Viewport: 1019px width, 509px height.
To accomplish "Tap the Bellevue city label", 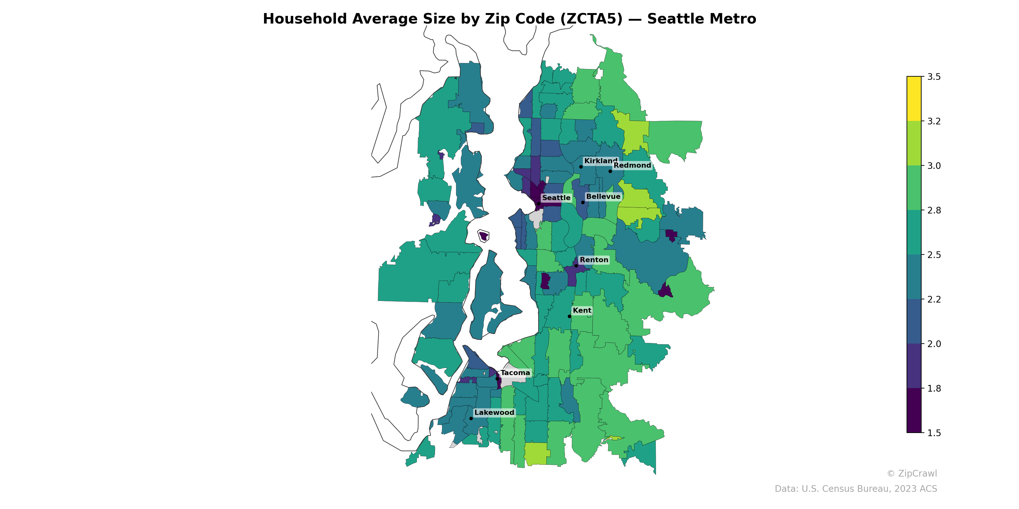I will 603,196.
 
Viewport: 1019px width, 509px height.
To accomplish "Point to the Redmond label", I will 632,165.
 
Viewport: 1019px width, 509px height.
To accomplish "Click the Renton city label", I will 594,260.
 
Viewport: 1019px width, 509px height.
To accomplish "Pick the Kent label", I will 582,310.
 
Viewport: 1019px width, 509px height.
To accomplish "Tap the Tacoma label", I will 515,373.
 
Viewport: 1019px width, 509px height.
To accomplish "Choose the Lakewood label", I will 494,412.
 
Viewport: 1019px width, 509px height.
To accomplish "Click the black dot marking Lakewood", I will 471,418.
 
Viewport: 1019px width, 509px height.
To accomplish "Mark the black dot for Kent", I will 569,316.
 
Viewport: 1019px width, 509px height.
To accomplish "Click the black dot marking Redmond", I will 610,171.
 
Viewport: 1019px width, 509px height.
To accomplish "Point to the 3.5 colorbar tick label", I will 934,77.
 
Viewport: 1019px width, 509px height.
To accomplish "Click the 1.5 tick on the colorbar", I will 934,433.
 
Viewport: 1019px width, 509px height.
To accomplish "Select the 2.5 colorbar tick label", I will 934,254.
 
